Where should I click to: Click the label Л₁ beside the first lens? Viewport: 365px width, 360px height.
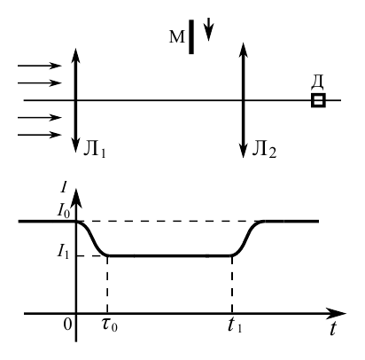pyautogui.click(x=95, y=148)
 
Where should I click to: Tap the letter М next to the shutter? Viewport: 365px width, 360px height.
pyautogui.click(x=177, y=37)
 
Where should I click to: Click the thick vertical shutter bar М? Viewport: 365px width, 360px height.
pyautogui.click(x=191, y=37)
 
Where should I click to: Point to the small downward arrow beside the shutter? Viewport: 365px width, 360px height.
pyautogui.click(x=209, y=29)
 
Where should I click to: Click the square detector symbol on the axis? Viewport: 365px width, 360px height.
pyautogui.click(x=318, y=100)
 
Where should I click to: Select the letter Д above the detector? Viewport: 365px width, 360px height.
pyautogui.click(x=317, y=82)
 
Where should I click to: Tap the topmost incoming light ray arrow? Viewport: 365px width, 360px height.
pyautogui.click(x=40, y=66)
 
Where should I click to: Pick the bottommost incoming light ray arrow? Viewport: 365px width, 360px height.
pyautogui.click(x=40, y=135)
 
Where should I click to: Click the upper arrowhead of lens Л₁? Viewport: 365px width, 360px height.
pyautogui.click(x=76, y=56)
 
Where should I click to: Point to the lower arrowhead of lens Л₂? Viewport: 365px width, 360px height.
pyautogui.click(x=243, y=151)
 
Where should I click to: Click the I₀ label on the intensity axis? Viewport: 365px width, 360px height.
pyautogui.click(x=64, y=210)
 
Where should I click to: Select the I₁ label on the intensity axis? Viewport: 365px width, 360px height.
pyautogui.click(x=63, y=252)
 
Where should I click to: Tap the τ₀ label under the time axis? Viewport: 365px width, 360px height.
pyautogui.click(x=110, y=325)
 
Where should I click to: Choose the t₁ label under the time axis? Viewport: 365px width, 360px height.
pyautogui.click(x=235, y=325)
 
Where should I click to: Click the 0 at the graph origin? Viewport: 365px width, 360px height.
pyautogui.click(x=67, y=325)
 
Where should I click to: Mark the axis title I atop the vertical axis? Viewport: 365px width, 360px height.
pyautogui.click(x=64, y=187)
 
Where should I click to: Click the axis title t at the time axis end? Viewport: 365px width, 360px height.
pyautogui.click(x=333, y=328)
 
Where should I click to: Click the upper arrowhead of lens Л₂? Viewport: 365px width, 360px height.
pyautogui.click(x=243, y=51)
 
